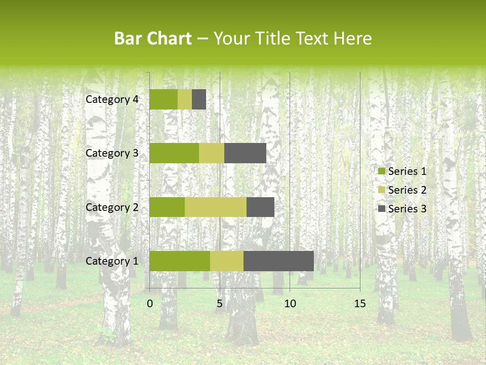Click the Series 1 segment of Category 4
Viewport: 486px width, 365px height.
164,99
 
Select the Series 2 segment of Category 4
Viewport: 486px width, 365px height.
185,99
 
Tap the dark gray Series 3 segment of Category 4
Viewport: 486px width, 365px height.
199,99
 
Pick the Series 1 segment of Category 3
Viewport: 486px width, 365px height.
174,153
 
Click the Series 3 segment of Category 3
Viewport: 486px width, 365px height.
245,153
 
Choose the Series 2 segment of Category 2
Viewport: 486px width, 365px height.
216,207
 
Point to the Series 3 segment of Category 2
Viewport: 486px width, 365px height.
260,207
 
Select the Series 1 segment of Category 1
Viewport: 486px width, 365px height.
180,261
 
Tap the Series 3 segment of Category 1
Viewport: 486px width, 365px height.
278,261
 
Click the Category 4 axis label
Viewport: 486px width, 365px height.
112,99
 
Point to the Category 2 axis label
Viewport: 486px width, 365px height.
112,207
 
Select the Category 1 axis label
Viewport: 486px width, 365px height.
112,261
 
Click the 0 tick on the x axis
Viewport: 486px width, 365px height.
150,304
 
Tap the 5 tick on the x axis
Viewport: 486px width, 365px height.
220,304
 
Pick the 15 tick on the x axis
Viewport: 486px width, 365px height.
359,304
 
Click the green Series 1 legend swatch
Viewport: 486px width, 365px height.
382,171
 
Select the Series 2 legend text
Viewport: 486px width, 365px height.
407,190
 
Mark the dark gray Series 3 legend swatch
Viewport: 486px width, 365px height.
382,209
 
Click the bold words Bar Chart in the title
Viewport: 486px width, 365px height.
153,39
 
